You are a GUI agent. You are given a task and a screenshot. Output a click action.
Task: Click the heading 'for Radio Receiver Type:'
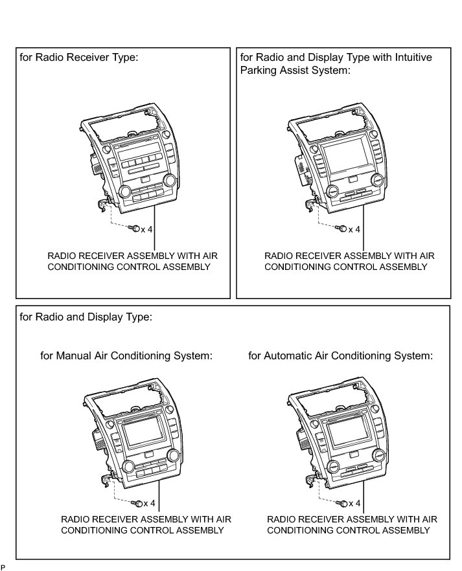tap(79, 58)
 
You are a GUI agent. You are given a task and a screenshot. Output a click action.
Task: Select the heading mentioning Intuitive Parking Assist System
tap(336, 63)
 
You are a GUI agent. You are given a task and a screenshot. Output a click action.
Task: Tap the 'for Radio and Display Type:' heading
tap(86, 317)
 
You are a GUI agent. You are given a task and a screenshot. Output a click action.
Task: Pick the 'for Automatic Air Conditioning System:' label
tap(340, 355)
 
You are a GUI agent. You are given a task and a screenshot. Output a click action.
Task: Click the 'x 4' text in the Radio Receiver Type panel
tap(148, 229)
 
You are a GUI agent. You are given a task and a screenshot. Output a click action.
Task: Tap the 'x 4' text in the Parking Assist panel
tap(353, 229)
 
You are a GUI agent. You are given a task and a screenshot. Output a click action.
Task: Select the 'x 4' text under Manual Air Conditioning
tap(148, 503)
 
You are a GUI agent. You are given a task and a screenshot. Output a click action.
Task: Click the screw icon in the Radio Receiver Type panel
tap(134, 228)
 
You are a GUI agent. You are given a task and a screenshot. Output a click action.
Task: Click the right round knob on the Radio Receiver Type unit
tap(172, 181)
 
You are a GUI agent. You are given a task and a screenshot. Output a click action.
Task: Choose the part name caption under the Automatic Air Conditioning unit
tap(352, 524)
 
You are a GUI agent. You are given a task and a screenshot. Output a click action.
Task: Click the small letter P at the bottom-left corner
tap(3, 567)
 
